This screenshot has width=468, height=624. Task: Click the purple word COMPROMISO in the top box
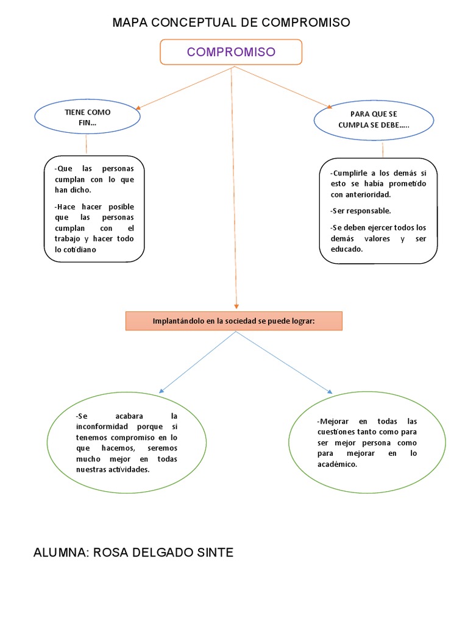click(x=231, y=52)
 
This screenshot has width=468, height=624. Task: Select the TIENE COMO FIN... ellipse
click(x=87, y=118)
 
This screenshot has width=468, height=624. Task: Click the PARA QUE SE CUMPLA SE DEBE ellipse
click(x=374, y=119)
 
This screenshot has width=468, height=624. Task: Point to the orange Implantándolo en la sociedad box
click(x=233, y=321)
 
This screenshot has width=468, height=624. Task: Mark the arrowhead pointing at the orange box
click(x=236, y=306)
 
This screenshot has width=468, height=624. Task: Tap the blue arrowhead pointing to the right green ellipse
click(x=330, y=392)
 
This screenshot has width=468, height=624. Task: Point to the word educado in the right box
click(x=346, y=249)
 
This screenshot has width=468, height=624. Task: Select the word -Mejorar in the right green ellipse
click(x=334, y=421)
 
